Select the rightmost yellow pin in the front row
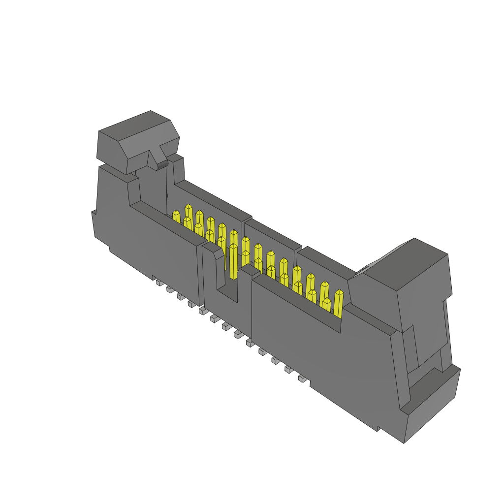click(x=338, y=303)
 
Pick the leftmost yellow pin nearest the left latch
click(x=176, y=216)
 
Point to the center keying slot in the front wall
click(x=228, y=285)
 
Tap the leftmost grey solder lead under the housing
click(x=159, y=283)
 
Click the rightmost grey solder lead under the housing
click(x=302, y=378)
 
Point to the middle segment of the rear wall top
click(x=273, y=233)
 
